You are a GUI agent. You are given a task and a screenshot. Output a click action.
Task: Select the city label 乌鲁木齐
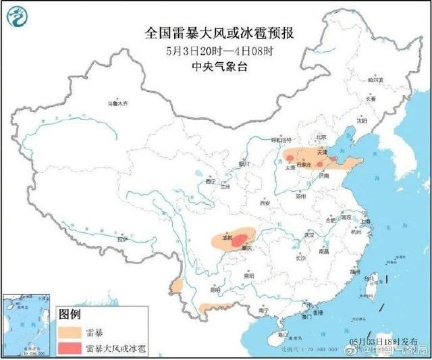119,104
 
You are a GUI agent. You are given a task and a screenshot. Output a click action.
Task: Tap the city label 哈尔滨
375,80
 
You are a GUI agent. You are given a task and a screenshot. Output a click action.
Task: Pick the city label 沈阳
362,122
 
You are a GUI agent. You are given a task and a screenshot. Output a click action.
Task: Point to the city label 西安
265,203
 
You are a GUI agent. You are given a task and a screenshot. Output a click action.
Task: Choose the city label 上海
365,221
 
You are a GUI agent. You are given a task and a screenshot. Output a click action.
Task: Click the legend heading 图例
70,314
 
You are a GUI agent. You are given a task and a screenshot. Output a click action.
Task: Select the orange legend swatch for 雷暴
70,332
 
